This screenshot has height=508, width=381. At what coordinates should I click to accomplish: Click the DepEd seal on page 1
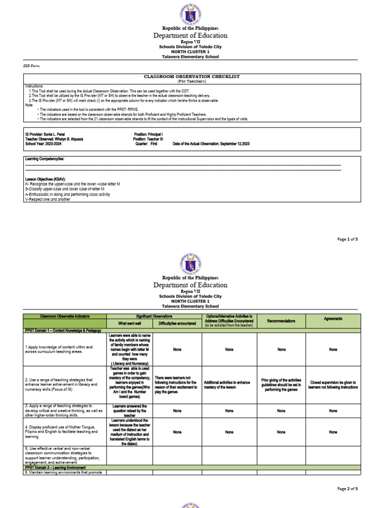[190, 15]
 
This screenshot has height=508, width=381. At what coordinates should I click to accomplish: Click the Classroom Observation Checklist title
[191, 76]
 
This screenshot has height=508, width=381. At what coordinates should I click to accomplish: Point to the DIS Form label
[31, 65]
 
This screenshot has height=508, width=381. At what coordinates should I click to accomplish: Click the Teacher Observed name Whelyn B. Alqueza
[54, 139]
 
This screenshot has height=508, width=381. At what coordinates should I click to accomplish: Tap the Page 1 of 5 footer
[347, 239]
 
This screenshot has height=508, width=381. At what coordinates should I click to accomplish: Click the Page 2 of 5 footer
[347, 489]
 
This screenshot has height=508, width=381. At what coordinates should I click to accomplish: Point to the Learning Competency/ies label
[45, 159]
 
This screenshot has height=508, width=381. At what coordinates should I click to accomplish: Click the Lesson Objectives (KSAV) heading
[45, 179]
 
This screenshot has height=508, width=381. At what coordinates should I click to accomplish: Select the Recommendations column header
[281, 321]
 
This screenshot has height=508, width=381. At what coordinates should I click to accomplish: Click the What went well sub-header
[129, 323]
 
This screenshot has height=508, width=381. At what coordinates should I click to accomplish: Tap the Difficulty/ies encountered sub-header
[177, 323]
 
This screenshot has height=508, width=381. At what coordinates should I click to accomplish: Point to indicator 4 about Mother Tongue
[62, 432]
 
